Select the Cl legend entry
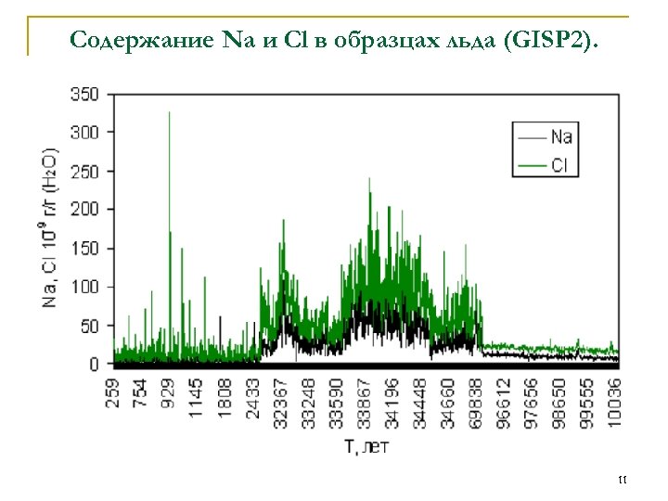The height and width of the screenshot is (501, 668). click(559, 166)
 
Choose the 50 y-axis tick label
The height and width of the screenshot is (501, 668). click(89, 326)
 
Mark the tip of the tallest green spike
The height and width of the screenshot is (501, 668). click(169, 113)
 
